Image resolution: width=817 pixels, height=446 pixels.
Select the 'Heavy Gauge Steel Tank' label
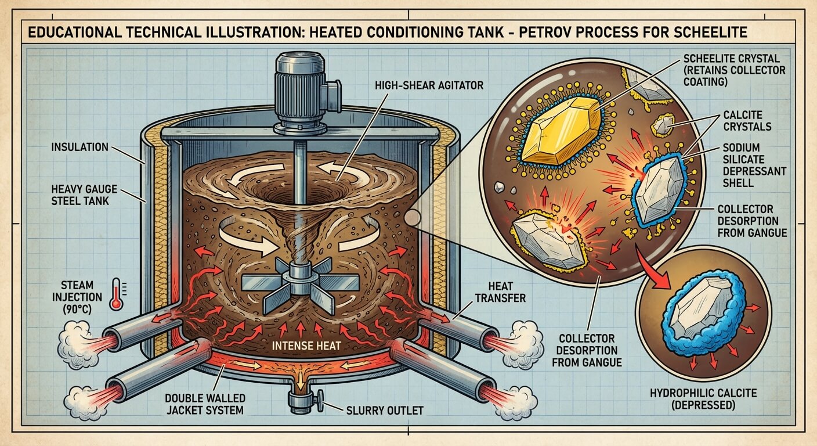tap(85, 195)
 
